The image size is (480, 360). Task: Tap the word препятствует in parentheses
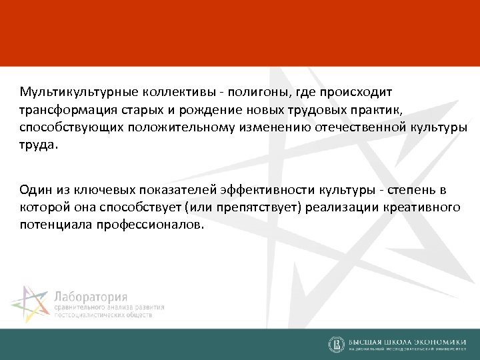click(261, 208)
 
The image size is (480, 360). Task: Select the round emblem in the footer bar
click(337, 344)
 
